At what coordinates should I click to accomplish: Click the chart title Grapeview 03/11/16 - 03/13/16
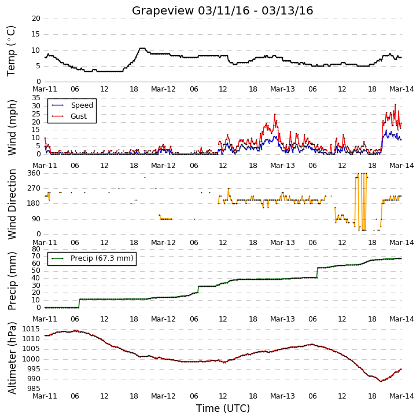click(x=222, y=11)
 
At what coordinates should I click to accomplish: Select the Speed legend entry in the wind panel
click(x=72, y=105)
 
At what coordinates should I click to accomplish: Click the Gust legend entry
click(x=69, y=116)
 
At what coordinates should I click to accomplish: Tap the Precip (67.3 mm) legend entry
click(x=93, y=258)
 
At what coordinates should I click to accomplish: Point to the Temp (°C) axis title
click(x=11, y=51)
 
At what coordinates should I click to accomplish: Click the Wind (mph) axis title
click(x=12, y=127)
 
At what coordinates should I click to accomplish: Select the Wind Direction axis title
click(x=12, y=204)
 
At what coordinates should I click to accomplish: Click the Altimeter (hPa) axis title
click(x=12, y=358)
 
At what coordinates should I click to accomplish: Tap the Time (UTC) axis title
click(x=223, y=408)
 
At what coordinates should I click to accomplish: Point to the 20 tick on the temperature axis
click(x=36, y=19)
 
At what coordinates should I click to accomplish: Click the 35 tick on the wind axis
click(x=36, y=98)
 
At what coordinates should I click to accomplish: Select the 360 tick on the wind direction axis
click(x=34, y=173)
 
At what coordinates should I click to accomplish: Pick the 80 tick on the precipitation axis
click(x=36, y=249)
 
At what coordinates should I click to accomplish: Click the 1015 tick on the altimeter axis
click(x=31, y=329)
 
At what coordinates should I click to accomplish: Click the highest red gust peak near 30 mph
click(x=395, y=105)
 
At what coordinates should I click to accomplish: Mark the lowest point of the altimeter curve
click(x=381, y=381)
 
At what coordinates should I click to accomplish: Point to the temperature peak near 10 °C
click(x=142, y=48)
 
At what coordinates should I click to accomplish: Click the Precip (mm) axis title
click(x=12, y=281)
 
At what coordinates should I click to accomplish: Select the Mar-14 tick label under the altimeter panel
click(x=401, y=396)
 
